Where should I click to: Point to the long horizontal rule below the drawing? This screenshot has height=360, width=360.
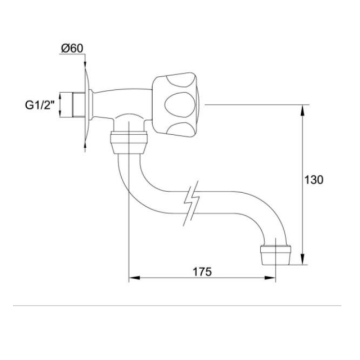[180, 305]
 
